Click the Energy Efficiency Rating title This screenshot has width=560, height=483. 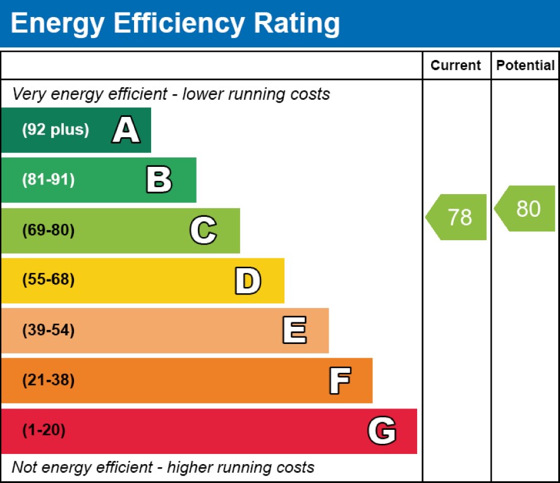coord(175,23)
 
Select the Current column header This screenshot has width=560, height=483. coord(456,65)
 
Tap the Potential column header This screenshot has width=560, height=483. coord(525,65)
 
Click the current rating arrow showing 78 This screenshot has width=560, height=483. coord(457,217)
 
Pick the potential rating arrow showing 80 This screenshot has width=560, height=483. coord(526,209)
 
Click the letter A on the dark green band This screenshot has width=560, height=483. coord(126,130)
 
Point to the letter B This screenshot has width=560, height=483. coord(159,180)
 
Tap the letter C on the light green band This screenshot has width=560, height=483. coord(203,230)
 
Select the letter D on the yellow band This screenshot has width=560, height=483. coord(247,281)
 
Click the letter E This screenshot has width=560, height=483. coord(294,331)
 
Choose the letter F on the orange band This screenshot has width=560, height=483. coord(339,381)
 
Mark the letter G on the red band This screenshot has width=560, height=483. coord(382,431)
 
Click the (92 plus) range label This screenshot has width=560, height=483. coord(56,130)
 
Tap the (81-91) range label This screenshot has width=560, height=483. coord(48,180)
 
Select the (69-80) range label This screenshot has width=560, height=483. coord(48,230)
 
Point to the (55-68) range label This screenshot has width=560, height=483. coord(48,280)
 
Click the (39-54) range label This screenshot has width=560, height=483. coord(48,331)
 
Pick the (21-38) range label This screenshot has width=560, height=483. coord(48,381)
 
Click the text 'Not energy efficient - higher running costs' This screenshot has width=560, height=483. coord(163,468)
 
